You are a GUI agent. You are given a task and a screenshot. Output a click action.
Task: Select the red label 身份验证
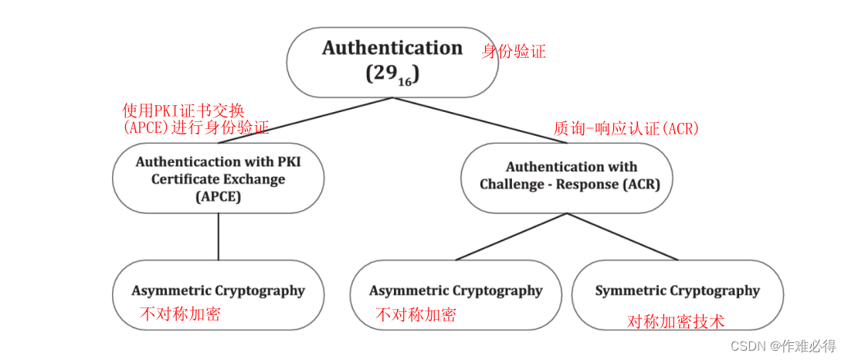(514, 52)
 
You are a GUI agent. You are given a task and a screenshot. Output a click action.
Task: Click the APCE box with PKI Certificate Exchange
(218, 178)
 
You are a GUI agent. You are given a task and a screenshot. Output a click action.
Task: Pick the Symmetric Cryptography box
(677, 291)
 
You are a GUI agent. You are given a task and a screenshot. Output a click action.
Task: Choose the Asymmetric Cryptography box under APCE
(218, 291)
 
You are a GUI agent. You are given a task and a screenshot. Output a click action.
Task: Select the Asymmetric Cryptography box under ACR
(456, 291)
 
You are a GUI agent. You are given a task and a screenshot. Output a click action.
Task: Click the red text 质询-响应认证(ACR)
(626, 128)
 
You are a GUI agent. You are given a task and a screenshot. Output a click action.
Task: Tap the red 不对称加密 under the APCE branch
(180, 314)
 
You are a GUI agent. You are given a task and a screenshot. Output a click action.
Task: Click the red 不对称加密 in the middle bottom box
(415, 314)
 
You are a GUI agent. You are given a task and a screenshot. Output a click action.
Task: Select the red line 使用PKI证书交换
(184, 110)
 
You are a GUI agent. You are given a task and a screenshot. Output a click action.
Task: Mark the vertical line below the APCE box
(218, 236)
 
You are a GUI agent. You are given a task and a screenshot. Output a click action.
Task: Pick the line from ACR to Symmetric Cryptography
(626, 237)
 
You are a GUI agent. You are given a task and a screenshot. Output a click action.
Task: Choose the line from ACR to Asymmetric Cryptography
(510, 237)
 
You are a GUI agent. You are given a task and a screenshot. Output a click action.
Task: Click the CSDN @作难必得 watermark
(783, 346)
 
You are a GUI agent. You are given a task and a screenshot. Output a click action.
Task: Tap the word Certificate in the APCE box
(183, 179)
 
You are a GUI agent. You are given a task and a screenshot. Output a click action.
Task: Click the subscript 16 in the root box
(404, 80)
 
